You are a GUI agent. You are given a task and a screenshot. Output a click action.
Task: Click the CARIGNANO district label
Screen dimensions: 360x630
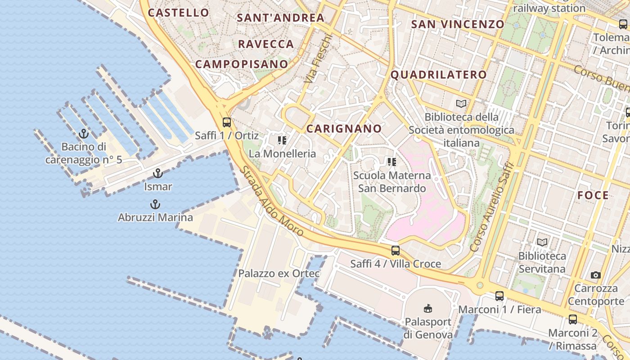(344, 129)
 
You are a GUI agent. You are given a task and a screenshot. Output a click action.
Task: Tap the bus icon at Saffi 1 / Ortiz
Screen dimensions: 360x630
(227, 122)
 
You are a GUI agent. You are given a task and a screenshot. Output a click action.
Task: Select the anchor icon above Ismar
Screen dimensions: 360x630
(157, 173)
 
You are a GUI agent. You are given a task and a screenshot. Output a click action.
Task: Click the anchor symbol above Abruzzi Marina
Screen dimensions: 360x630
(155, 204)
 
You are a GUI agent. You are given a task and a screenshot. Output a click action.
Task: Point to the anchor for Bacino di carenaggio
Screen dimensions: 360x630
(83, 134)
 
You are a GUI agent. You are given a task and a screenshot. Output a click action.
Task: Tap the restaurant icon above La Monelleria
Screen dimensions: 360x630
(282, 140)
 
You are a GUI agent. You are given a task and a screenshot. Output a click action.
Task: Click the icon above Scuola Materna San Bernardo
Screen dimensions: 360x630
(391, 162)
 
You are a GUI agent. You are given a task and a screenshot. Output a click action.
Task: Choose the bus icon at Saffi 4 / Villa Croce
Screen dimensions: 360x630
(395, 251)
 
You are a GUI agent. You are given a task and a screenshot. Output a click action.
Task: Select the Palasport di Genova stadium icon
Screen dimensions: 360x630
(427, 308)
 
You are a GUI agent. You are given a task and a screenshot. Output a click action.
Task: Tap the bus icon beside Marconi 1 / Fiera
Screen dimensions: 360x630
(499, 296)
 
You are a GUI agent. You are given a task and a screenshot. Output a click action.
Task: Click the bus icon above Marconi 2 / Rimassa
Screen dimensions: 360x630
(572, 319)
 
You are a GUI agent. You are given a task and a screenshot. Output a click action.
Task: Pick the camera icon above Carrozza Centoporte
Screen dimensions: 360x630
(596, 274)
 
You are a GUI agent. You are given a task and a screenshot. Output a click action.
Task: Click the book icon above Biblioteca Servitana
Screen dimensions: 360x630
(542, 242)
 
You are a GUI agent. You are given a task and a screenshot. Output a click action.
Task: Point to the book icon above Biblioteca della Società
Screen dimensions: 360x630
(461, 103)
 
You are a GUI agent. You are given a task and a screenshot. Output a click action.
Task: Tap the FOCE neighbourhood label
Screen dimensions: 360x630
(593, 195)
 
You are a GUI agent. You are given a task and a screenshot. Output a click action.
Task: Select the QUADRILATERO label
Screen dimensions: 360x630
(438, 75)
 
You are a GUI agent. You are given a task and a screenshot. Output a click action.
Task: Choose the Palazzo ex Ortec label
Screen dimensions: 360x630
(279, 274)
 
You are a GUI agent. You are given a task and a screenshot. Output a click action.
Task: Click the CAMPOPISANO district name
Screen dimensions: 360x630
(241, 64)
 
